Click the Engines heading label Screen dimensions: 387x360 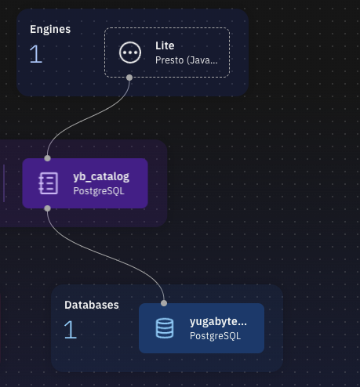click(x=50, y=30)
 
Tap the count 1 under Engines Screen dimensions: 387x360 click(x=35, y=54)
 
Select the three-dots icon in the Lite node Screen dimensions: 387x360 click(x=129, y=52)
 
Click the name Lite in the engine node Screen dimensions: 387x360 click(x=165, y=46)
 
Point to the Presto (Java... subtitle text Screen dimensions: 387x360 click(x=187, y=60)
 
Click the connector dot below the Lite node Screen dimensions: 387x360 click(x=129, y=78)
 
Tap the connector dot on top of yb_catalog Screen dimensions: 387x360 click(x=48, y=158)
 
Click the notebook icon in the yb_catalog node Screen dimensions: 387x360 click(x=48, y=183)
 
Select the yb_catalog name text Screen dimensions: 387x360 click(x=100, y=176)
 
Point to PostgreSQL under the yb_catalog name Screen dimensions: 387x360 click(x=98, y=190)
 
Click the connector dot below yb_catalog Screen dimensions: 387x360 click(x=48, y=208)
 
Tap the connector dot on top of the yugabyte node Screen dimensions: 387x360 click(x=164, y=303)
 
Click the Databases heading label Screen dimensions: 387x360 click(x=91, y=305)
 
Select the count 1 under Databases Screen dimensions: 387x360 click(x=70, y=330)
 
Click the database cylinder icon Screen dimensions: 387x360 click(x=164, y=328)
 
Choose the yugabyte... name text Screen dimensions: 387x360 click(x=218, y=321)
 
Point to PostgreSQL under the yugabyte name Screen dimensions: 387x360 click(x=215, y=335)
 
